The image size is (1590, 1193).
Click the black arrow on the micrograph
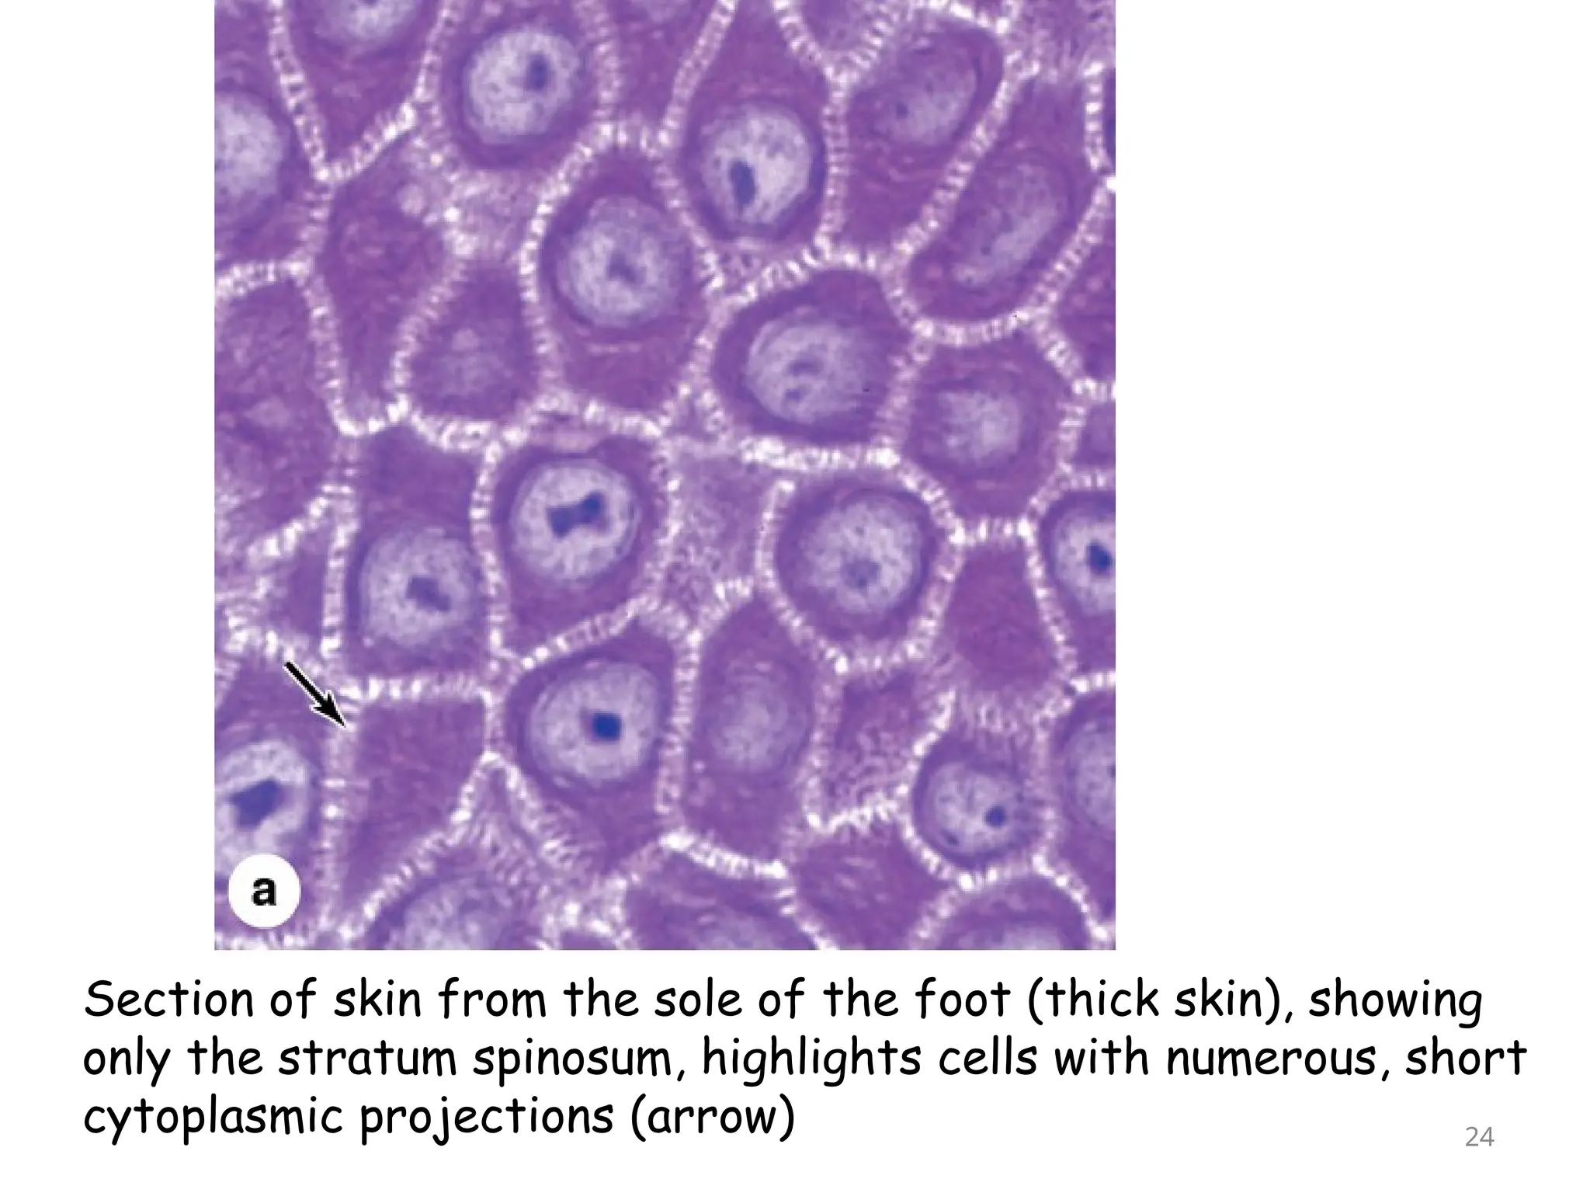315,694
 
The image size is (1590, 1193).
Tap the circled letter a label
264,891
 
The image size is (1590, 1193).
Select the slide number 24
1479,1137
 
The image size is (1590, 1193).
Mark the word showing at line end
1395,1001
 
